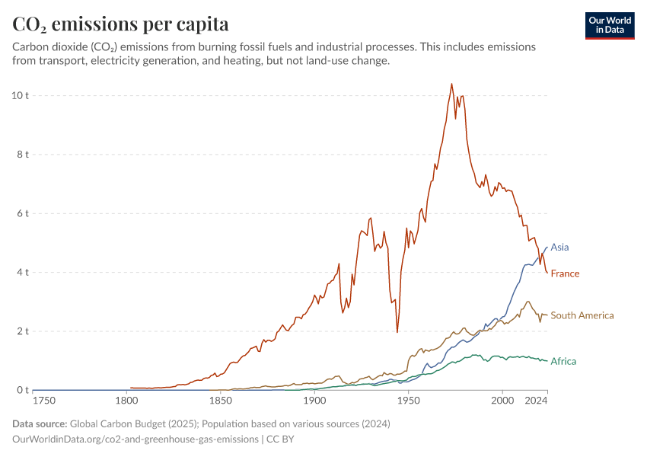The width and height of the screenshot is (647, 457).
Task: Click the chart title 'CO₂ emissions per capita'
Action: [120, 24]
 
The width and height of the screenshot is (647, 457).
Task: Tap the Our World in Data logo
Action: [609, 25]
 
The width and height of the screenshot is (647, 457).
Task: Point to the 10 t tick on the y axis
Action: [20, 95]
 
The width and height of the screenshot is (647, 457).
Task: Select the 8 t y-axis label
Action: [22, 155]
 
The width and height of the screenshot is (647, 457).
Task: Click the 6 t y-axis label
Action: [22, 213]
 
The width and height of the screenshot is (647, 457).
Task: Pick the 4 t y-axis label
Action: [22, 273]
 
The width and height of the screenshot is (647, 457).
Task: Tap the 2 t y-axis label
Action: [22, 331]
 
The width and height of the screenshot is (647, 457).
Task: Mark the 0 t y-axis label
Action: [22, 391]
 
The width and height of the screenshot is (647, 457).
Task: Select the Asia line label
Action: [559, 248]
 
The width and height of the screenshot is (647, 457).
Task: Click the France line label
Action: [565, 274]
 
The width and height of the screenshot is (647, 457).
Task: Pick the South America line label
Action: [582, 315]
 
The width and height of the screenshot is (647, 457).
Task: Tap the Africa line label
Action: [563, 361]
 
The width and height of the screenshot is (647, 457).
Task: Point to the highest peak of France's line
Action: [451, 84]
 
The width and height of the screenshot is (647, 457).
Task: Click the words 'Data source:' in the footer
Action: [40, 424]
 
